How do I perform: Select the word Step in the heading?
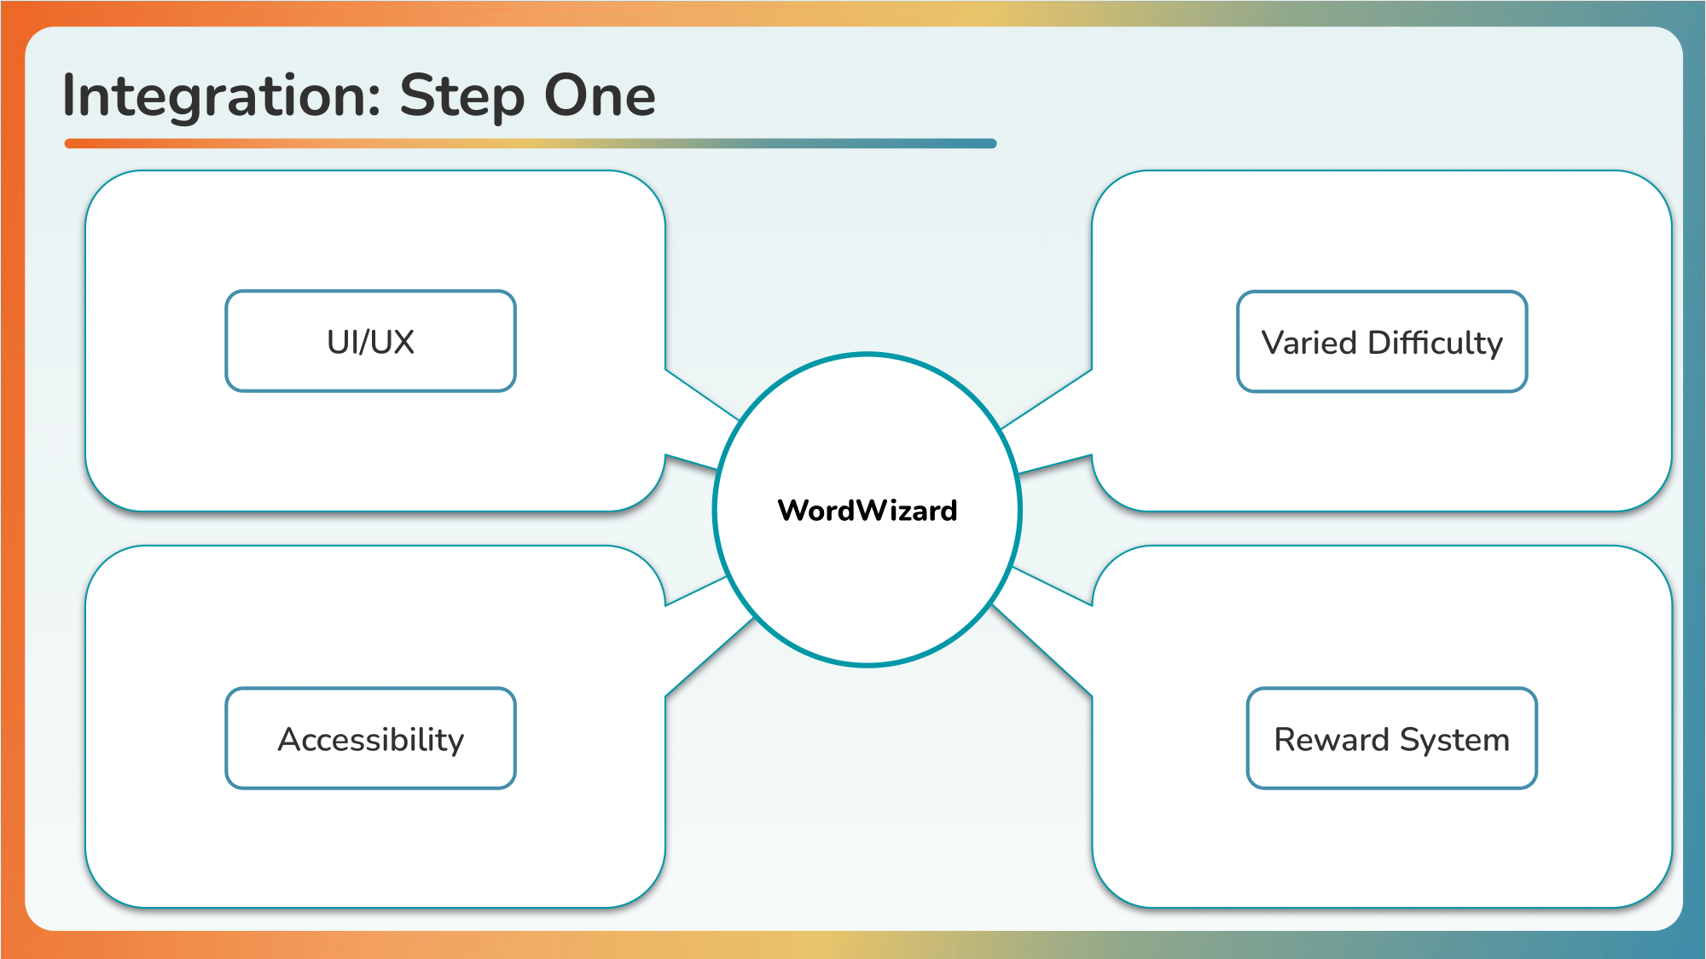click(461, 95)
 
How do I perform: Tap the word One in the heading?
click(601, 95)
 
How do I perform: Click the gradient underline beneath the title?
click(531, 143)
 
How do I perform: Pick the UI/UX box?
click(370, 341)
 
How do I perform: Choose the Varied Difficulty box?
click(1382, 342)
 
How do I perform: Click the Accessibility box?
click(370, 738)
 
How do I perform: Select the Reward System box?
click(1392, 738)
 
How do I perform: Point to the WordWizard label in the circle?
click(868, 510)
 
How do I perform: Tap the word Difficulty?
click(1436, 344)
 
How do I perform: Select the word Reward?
click(1332, 740)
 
